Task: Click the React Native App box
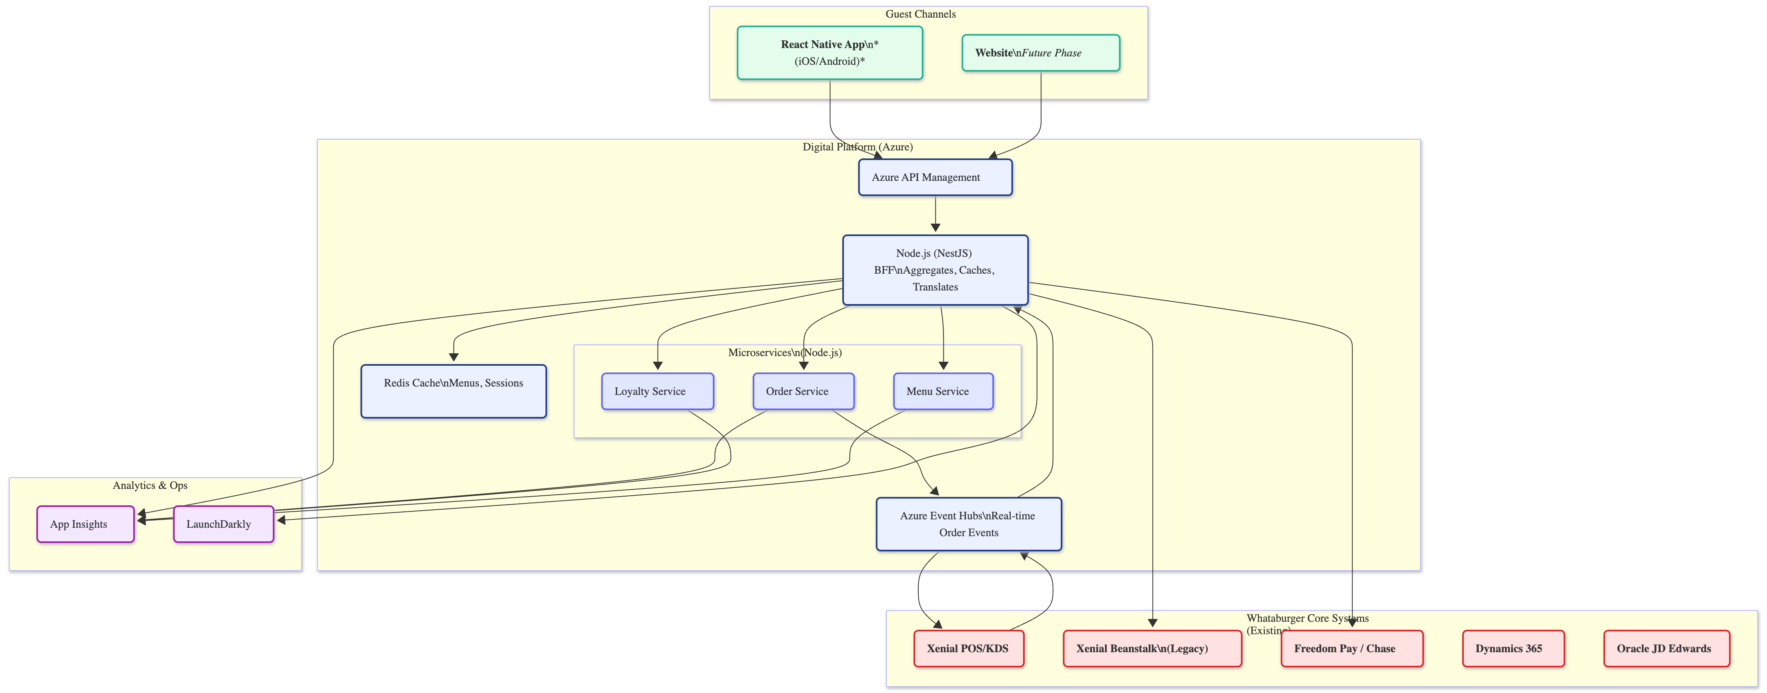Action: pyautogui.click(x=830, y=53)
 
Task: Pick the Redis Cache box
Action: pyautogui.click(x=454, y=391)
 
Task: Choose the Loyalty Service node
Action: pyautogui.click(x=657, y=391)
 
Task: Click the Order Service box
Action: pyautogui.click(x=803, y=391)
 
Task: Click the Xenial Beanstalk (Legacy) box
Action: pyautogui.click(x=1152, y=649)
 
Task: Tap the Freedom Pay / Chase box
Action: pyautogui.click(x=1351, y=649)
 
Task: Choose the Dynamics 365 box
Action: pyautogui.click(x=1513, y=649)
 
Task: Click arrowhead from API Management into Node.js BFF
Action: pyautogui.click(x=935, y=228)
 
